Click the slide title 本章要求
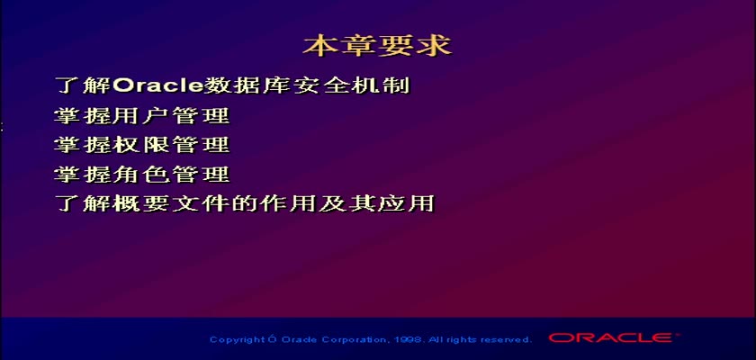tap(377, 46)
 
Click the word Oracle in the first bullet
tap(158, 85)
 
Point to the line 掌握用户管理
tap(142, 116)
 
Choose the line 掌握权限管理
tap(142, 145)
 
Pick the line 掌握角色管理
tap(142, 175)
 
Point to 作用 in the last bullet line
tap(287, 204)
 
